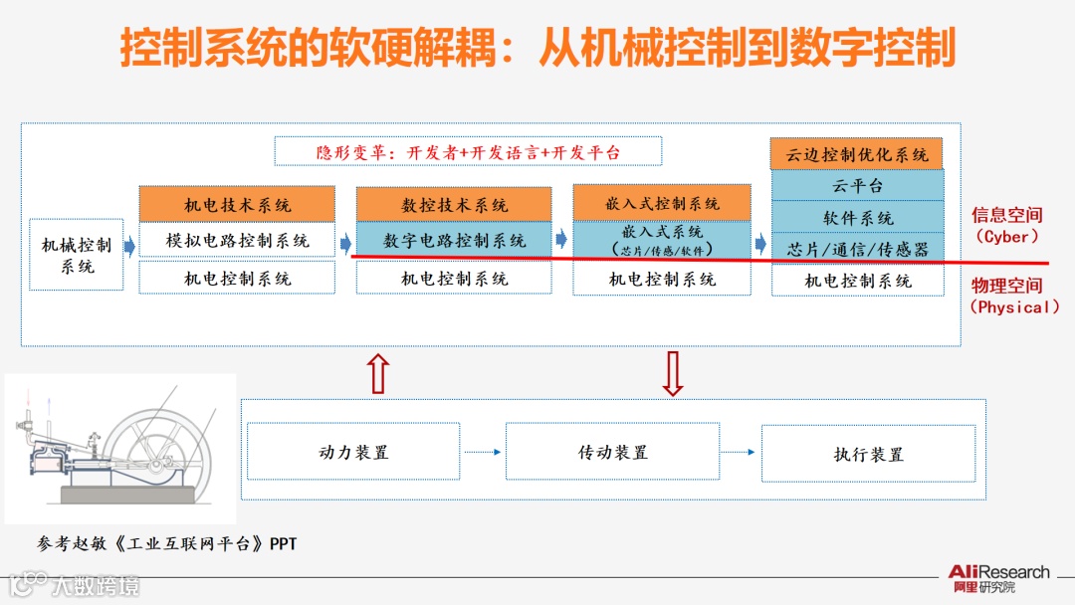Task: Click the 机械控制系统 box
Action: (x=77, y=255)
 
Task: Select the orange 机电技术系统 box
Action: (x=237, y=204)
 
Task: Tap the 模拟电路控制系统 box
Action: (x=237, y=240)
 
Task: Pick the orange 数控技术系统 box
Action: (x=454, y=204)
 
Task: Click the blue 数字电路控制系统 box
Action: (x=454, y=240)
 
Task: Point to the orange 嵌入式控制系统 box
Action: (x=662, y=203)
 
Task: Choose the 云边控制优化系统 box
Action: (x=856, y=154)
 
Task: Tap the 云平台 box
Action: (x=856, y=185)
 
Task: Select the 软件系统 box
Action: (x=856, y=217)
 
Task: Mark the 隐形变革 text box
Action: (x=468, y=152)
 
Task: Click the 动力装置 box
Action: (x=353, y=452)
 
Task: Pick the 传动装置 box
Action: (x=612, y=452)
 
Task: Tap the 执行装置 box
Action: (x=868, y=454)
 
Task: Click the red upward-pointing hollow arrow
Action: (x=377, y=373)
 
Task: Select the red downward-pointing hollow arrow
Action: (x=672, y=373)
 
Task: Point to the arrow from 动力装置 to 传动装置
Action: (x=483, y=453)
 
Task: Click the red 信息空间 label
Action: (x=1006, y=215)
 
